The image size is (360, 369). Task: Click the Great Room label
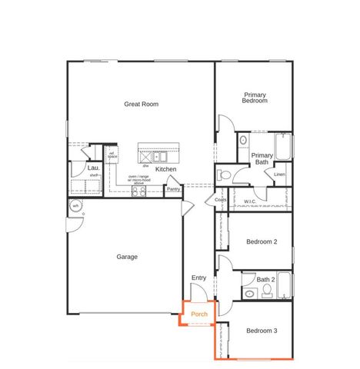coord(141,103)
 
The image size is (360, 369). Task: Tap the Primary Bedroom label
coord(255,98)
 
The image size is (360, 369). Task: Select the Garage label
coord(127,257)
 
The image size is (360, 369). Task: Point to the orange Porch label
coord(200,314)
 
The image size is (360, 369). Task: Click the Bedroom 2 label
coord(262,242)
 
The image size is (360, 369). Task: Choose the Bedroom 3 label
coord(262,331)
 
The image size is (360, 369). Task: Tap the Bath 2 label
coord(265,279)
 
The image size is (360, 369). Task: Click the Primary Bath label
coord(262,158)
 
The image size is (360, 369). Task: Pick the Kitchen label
coord(165,169)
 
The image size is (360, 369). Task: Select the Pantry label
coord(174,188)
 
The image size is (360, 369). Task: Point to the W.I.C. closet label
coord(250,201)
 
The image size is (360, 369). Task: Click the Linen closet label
coord(279,175)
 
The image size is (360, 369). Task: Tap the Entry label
coord(198,278)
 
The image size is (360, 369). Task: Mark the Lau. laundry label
coord(93,167)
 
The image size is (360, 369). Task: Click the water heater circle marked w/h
coord(75,206)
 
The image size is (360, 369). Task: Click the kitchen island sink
coord(162,157)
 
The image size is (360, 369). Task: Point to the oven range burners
coord(139,192)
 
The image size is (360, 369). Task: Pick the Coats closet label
coord(221,201)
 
